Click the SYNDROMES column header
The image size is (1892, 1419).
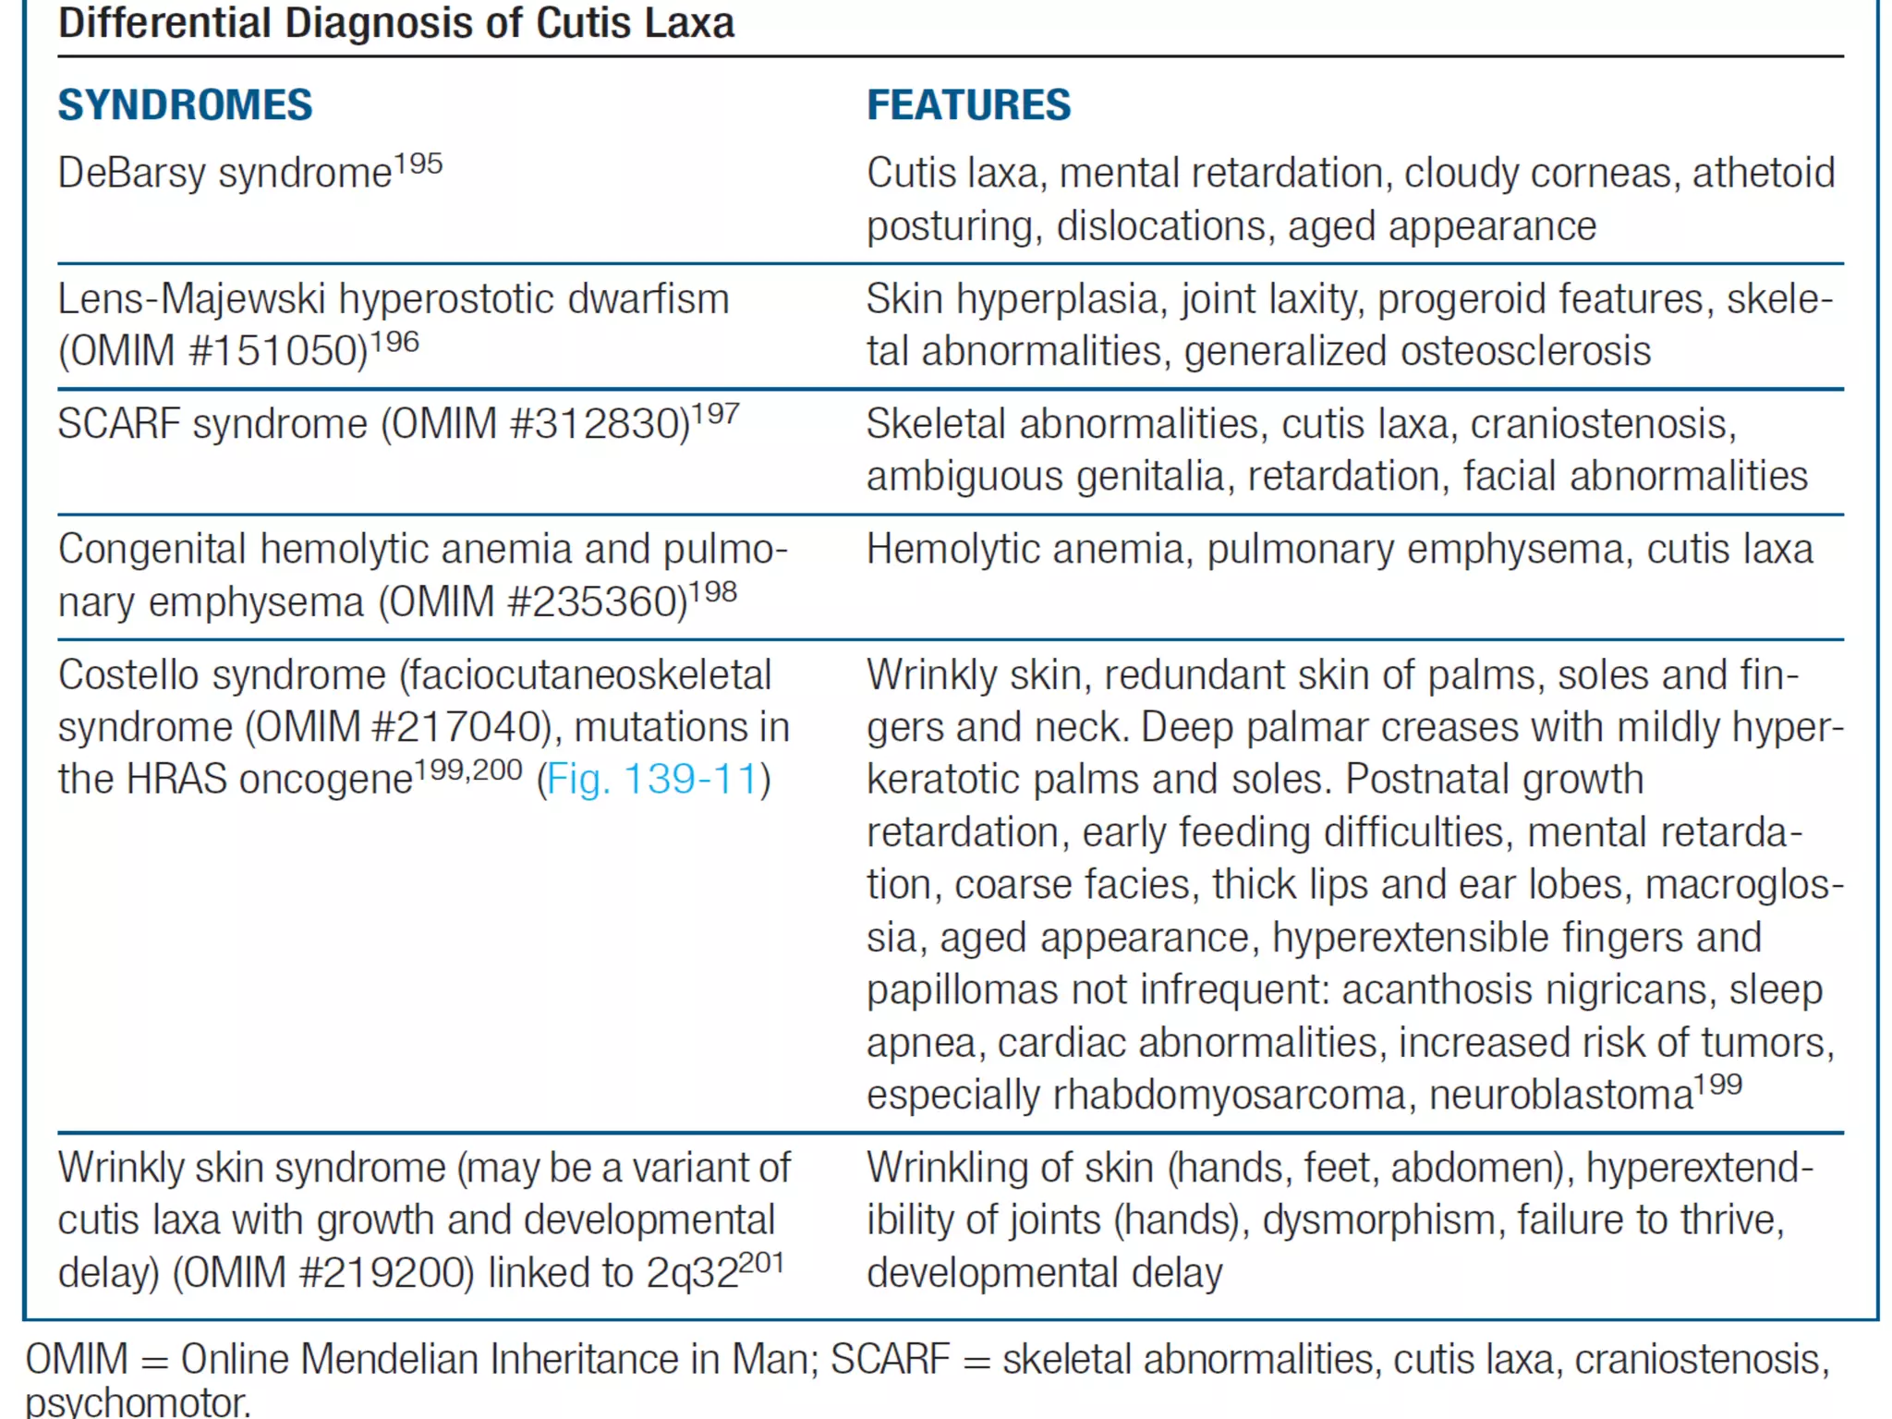pyautogui.click(x=185, y=105)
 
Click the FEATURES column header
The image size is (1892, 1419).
pyautogui.click(x=968, y=105)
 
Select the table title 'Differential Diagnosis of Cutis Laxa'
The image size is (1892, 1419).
pyautogui.click(x=395, y=22)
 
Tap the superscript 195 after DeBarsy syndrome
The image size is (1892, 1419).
pyautogui.click(x=418, y=164)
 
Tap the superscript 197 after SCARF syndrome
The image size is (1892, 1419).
pyautogui.click(x=715, y=414)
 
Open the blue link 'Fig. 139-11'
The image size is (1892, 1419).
pyautogui.click(x=652, y=780)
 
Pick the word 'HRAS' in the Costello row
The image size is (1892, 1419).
pyautogui.click(x=176, y=780)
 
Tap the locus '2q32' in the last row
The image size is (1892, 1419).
pyautogui.click(x=692, y=1274)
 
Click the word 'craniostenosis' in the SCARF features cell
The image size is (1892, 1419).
pyautogui.click(x=1598, y=425)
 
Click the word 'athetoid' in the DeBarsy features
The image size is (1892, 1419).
pyautogui.click(x=1763, y=174)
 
